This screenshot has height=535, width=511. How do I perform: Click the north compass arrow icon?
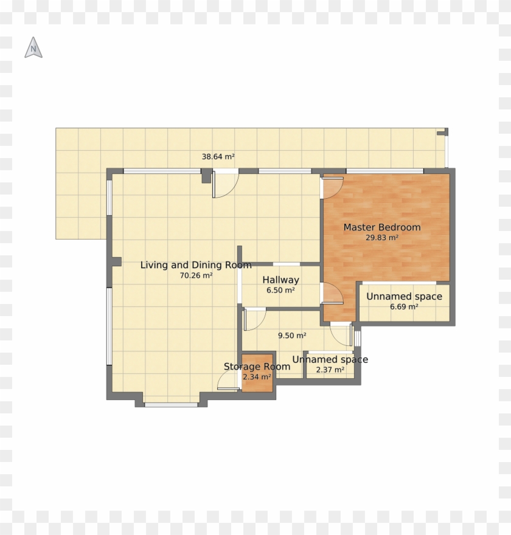click(x=33, y=48)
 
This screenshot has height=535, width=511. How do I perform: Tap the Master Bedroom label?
click(x=381, y=227)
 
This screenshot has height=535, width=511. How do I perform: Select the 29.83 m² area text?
click(x=381, y=238)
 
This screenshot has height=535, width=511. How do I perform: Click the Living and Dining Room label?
click(x=196, y=265)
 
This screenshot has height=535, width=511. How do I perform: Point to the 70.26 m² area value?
click(x=196, y=275)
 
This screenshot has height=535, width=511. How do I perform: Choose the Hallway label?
click(x=280, y=280)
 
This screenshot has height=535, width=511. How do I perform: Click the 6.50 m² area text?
click(x=280, y=291)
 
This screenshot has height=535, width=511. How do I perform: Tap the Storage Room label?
click(x=257, y=367)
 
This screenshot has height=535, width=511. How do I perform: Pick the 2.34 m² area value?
click(x=257, y=377)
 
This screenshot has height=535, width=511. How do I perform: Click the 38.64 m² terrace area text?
click(x=218, y=157)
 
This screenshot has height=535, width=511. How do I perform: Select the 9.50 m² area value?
click(x=292, y=335)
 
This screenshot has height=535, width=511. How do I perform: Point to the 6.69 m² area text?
click(x=404, y=307)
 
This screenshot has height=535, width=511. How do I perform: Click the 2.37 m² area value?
click(x=330, y=370)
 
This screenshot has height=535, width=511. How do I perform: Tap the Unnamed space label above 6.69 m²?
click(x=404, y=297)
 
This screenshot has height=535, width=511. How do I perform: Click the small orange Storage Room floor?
click(x=257, y=383)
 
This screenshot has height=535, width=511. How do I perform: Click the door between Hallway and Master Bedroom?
click(x=332, y=294)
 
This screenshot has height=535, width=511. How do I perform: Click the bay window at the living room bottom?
click(x=172, y=403)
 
